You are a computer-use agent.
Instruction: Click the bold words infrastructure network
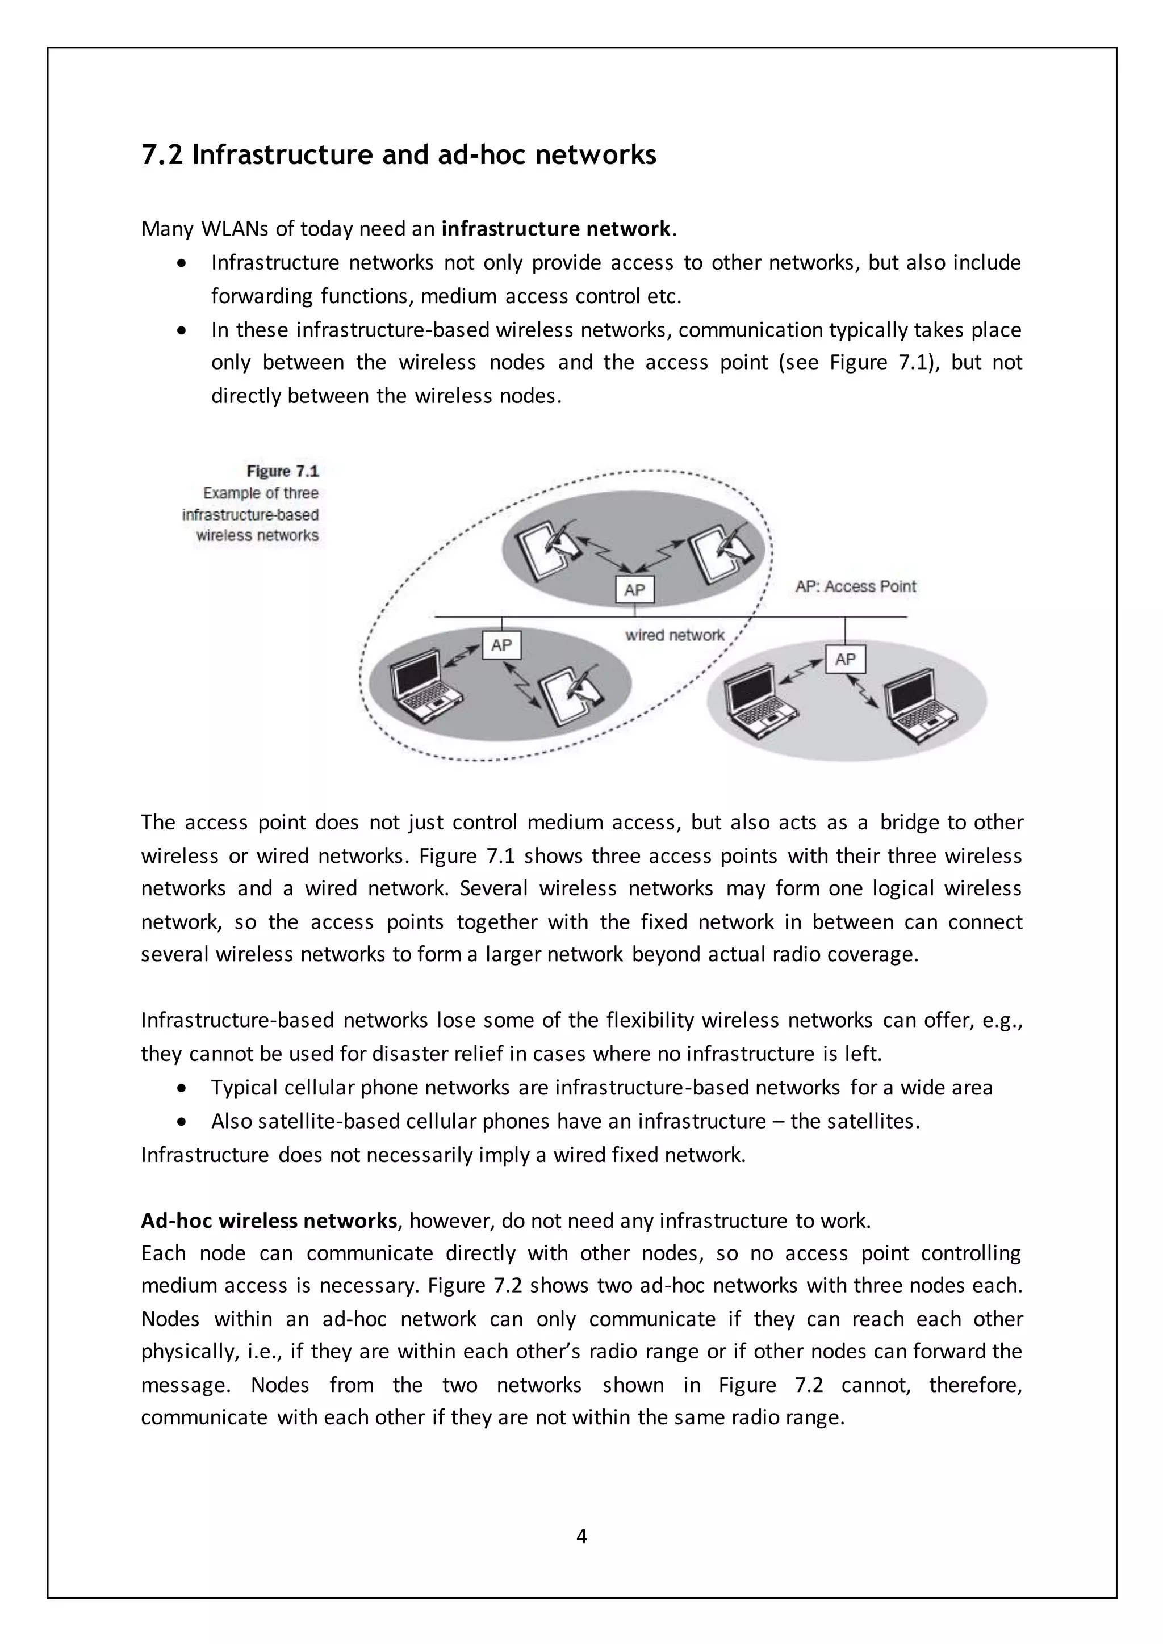[x=556, y=229]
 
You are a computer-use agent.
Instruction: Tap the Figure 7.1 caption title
[x=282, y=471]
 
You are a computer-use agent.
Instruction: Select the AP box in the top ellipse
[x=634, y=590]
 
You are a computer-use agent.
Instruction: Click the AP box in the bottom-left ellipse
[x=501, y=645]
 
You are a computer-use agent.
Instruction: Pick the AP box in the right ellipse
[x=845, y=659]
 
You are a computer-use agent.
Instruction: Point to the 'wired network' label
[x=675, y=635]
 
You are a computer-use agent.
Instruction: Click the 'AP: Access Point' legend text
[x=856, y=586]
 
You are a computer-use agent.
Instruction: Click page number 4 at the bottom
[x=581, y=1536]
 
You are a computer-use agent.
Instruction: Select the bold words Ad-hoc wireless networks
[x=269, y=1220]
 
